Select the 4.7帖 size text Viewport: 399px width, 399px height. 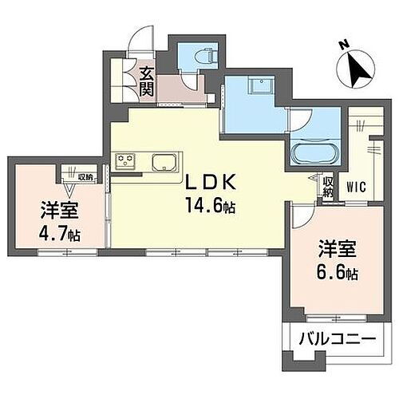point(58,235)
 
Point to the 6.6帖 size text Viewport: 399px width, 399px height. point(334,273)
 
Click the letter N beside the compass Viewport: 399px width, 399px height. point(342,45)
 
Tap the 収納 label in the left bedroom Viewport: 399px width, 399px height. point(85,177)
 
